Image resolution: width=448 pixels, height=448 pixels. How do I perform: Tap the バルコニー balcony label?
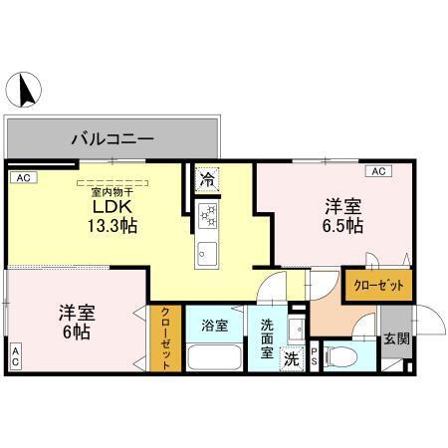112,138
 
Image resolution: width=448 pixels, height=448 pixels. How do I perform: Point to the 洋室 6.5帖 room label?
341,216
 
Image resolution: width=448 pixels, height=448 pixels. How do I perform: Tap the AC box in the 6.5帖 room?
378,171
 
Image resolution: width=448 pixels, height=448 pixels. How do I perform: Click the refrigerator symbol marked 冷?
206,180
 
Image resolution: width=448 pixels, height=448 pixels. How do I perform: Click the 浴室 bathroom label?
214,325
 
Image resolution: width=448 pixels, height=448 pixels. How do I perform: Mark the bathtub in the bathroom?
215,357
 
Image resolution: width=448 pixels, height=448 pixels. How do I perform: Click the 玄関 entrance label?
395,338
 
